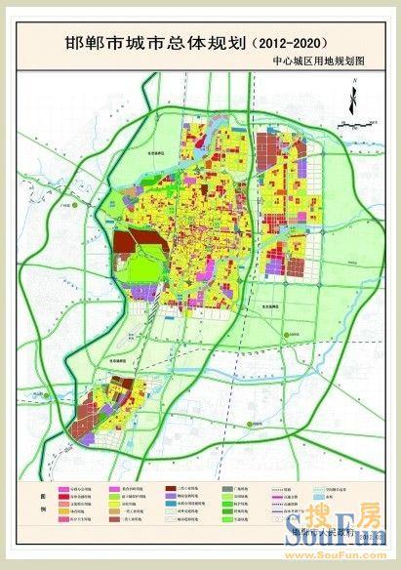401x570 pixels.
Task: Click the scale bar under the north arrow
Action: tap(357, 124)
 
